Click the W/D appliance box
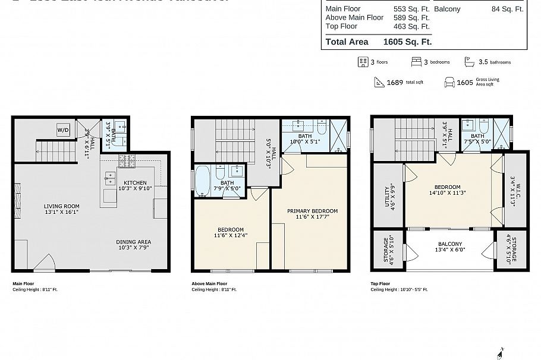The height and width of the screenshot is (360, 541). click(x=62, y=130)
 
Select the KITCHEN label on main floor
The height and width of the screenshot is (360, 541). click(x=135, y=182)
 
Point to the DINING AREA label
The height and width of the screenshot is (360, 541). click(x=133, y=242)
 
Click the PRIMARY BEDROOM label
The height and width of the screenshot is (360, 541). click(x=312, y=211)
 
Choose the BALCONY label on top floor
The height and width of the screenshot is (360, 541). click(x=450, y=244)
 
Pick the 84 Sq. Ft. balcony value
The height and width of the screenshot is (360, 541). click(x=507, y=9)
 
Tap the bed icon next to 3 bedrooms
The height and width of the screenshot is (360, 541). click(x=416, y=62)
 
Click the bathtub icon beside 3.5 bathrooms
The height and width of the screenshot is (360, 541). click(x=469, y=62)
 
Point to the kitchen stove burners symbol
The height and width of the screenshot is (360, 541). click(x=127, y=160)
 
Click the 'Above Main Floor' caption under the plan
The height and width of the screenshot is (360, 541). click(x=209, y=284)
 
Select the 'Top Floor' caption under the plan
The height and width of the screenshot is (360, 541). click(x=380, y=284)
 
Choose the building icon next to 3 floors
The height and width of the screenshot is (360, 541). click(x=362, y=62)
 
